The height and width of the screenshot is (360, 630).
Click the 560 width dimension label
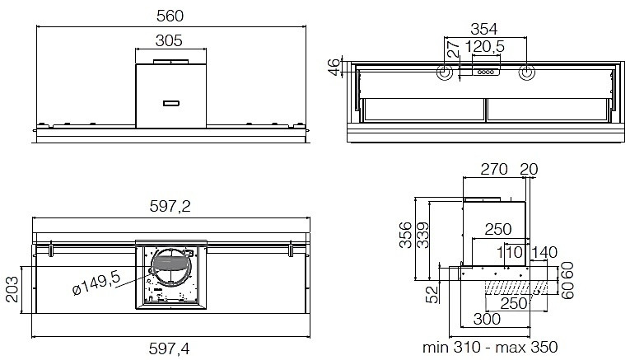click(x=170, y=16)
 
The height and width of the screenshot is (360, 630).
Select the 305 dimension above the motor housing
click(x=169, y=40)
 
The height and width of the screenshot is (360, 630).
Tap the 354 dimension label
click(x=483, y=29)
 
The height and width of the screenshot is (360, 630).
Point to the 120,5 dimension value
click(x=484, y=47)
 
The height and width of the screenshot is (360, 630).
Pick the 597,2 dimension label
click(x=170, y=206)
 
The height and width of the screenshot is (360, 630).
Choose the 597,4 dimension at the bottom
click(x=169, y=348)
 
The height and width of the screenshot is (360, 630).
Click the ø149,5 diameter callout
click(x=96, y=283)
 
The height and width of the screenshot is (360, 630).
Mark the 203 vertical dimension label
click(x=12, y=289)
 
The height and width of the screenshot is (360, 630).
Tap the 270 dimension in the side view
click(x=494, y=169)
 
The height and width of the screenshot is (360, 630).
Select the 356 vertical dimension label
click(x=405, y=236)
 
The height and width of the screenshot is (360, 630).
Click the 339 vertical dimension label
click(x=422, y=236)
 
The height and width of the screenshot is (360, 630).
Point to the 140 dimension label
click(x=544, y=252)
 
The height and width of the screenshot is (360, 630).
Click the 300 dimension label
click(x=487, y=319)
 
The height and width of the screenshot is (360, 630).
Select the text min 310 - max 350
click(x=490, y=347)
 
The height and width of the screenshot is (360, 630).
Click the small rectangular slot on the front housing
click(x=171, y=103)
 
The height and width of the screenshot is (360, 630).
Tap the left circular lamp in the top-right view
click(x=445, y=72)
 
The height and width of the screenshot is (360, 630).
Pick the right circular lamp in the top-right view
click(x=526, y=72)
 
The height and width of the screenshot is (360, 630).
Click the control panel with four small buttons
click(x=486, y=72)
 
